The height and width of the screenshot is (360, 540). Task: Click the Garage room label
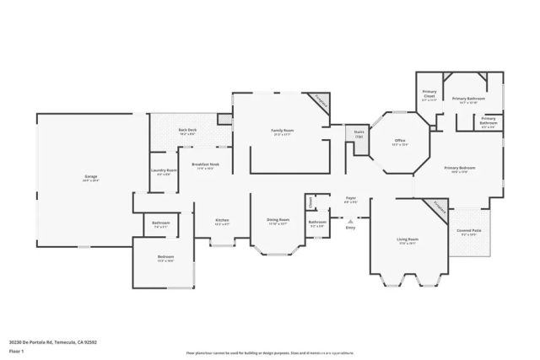(x=90, y=177)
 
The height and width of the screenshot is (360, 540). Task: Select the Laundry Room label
(x=164, y=171)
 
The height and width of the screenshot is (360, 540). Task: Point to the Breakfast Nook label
(x=206, y=164)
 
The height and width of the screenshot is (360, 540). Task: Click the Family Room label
(x=282, y=130)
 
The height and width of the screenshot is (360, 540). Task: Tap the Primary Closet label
(x=429, y=93)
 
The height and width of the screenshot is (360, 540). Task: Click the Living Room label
(x=408, y=239)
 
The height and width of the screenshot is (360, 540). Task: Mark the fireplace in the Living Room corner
(x=440, y=207)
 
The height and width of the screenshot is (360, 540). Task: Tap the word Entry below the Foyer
(x=350, y=228)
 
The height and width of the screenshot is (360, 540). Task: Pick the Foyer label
(x=350, y=198)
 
